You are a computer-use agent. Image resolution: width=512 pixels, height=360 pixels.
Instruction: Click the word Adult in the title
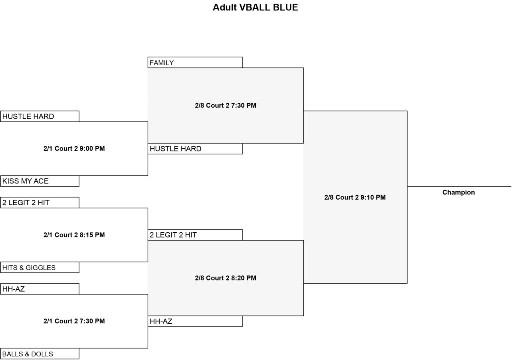click(225, 7)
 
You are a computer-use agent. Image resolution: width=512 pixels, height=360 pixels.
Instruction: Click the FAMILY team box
click(195, 62)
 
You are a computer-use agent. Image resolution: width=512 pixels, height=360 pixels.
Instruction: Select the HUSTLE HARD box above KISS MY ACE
click(40, 116)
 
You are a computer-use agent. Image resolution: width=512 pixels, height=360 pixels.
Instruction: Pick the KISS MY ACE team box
click(40, 181)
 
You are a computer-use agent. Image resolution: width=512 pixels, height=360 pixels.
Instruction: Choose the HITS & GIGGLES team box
click(40, 267)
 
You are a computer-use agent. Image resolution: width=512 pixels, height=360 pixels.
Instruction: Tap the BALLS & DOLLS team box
click(40, 354)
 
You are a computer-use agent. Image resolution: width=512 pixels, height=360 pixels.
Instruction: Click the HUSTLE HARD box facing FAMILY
click(195, 149)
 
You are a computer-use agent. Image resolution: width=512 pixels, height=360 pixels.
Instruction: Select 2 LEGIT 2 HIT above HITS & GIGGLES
click(40, 203)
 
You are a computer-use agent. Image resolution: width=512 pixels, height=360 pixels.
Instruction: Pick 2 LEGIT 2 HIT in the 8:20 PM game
click(195, 235)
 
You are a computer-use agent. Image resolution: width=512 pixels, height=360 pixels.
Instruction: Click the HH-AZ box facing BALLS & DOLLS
click(40, 289)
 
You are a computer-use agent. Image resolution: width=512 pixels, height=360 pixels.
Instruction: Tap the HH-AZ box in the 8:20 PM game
click(195, 321)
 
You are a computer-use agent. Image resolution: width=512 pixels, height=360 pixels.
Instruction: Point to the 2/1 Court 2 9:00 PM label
click(74, 148)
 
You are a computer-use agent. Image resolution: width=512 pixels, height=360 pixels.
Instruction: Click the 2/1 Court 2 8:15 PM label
click(74, 235)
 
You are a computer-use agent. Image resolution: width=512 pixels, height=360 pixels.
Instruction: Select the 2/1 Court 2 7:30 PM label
click(74, 321)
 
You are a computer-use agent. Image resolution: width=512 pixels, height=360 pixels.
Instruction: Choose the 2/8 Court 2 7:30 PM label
click(226, 105)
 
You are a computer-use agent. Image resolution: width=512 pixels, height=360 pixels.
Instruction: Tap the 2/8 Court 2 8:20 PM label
click(226, 278)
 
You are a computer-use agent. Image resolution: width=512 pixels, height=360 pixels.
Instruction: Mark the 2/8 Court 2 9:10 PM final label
click(355, 197)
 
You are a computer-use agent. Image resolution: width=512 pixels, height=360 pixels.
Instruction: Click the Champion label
click(459, 192)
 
